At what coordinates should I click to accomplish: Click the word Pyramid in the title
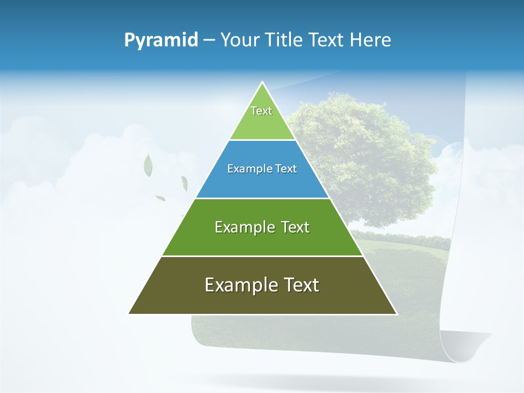(161, 40)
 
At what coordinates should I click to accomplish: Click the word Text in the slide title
(328, 40)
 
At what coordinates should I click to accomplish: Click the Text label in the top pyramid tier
(261, 111)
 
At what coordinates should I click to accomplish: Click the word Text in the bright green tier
(295, 227)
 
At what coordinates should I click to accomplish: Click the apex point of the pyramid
(263, 83)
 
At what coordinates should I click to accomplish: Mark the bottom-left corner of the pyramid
(129, 313)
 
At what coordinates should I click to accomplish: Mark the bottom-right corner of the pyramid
(396, 313)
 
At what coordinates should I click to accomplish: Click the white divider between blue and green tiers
(263, 198)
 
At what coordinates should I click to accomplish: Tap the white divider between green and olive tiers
(263, 256)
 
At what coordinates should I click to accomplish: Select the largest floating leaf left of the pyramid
(148, 165)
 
